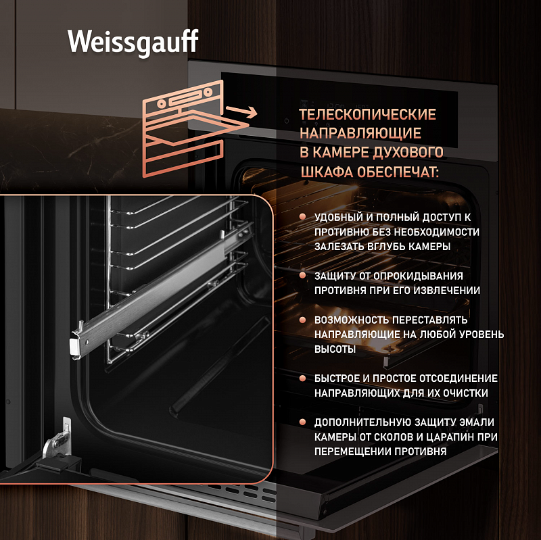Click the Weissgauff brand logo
click(x=133, y=42)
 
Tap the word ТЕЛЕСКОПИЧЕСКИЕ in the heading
click(x=367, y=114)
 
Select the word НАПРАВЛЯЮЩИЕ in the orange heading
click(x=360, y=133)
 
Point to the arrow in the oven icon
click(x=241, y=112)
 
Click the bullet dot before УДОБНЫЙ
click(x=302, y=216)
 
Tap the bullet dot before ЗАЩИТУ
click(x=302, y=275)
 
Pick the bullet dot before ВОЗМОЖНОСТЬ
click(x=302, y=319)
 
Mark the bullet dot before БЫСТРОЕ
click(x=302, y=378)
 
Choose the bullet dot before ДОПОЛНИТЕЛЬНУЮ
click(x=302, y=422)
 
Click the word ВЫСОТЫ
click(x=335, y=349)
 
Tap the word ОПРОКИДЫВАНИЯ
click(x=418, y=276)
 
